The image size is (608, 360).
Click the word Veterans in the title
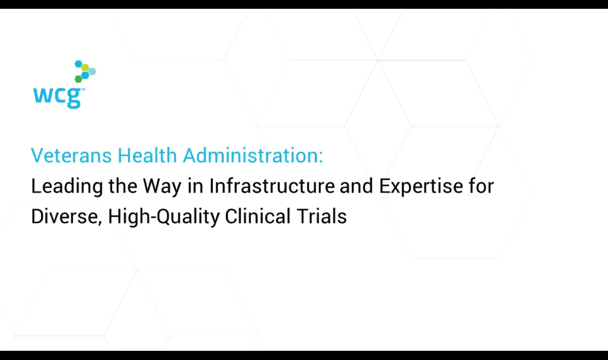click(71, 156)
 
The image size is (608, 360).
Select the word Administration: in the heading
click(253, 155)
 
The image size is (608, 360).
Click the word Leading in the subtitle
click(67, 187)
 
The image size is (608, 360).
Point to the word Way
click(162, 187)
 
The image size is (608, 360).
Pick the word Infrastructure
click(272, 186)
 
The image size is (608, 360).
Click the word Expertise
click(421, 187)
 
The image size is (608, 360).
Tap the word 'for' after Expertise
click(481, 186)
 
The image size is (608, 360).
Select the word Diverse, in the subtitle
click(67, 217)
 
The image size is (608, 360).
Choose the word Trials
click(322, 216)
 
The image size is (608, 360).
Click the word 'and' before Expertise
click(356, 186)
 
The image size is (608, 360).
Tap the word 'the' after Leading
click(123, 186)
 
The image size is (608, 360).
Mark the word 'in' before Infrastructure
click(196, 186)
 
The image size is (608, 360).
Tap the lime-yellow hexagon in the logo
click(85, 67)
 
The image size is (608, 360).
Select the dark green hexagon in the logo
click(78, 79)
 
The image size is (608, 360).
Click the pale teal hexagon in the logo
click(92, 72)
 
